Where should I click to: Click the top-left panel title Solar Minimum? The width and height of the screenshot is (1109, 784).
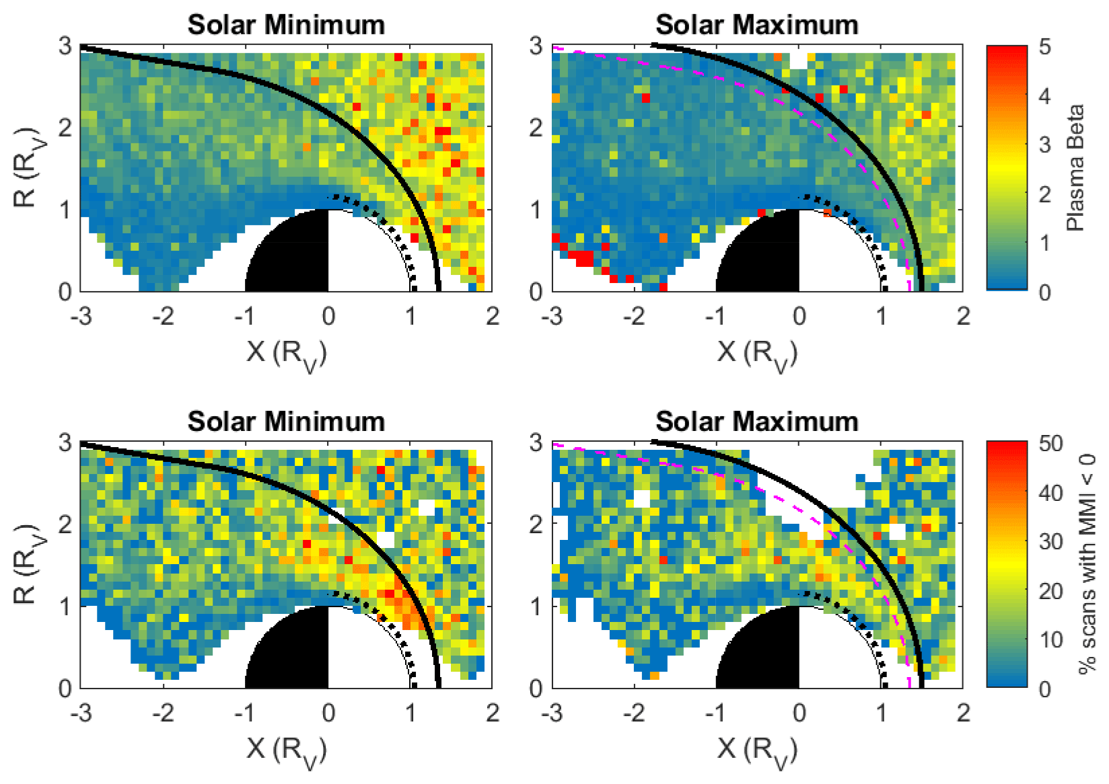[286, 25]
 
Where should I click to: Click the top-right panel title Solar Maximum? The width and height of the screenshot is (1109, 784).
[757, 25]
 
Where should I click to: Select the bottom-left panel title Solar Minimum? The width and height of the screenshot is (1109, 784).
[286, 422]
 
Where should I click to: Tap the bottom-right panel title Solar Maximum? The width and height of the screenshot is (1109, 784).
[757, 422]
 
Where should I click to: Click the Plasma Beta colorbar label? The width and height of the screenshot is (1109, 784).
[1075, 168]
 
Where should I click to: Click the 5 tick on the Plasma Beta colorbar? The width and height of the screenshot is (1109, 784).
[1044, 47]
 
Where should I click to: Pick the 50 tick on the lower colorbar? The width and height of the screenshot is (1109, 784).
[1050, 444]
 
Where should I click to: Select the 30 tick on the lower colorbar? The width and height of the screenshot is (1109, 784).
[1050, 542]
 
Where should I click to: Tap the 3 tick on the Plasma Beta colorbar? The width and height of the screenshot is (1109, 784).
[1044, 145]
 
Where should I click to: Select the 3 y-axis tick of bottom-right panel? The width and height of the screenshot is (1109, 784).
[536, 442]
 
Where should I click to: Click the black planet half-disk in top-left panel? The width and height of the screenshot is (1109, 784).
[296, 259]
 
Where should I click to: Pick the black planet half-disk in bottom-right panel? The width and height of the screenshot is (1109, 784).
[767, 656]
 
